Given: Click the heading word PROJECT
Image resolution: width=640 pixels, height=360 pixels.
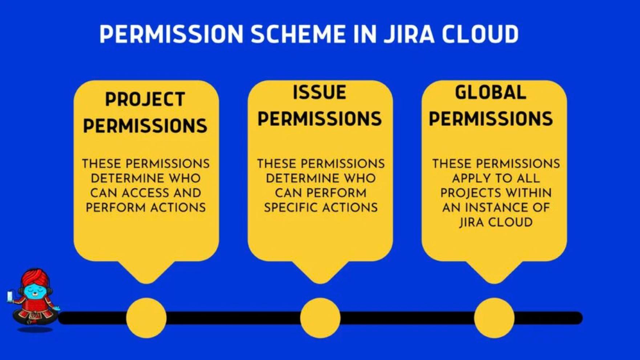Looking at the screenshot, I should [x=145, y=100].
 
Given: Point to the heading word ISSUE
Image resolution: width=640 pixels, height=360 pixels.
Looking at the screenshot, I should [x=319, y=93].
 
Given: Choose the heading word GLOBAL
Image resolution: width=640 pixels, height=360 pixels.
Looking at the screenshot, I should [x=491, y=93].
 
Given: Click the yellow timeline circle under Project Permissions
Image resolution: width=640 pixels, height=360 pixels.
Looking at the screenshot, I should [x=146, y=318].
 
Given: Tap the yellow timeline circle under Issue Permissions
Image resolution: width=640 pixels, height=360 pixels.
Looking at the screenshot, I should [x=320, y=318].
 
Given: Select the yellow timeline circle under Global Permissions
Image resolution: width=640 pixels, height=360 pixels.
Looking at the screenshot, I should [x=494, y=318].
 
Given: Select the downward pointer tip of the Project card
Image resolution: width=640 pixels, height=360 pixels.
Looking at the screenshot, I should [x=146, y=281].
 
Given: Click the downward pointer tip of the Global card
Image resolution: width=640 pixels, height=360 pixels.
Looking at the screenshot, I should [x=494, y=281].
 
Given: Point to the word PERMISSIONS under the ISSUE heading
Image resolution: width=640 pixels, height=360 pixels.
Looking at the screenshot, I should [x=319, y=119].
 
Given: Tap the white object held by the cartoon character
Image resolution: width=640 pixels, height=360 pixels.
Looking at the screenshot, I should [x=10, y=296].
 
